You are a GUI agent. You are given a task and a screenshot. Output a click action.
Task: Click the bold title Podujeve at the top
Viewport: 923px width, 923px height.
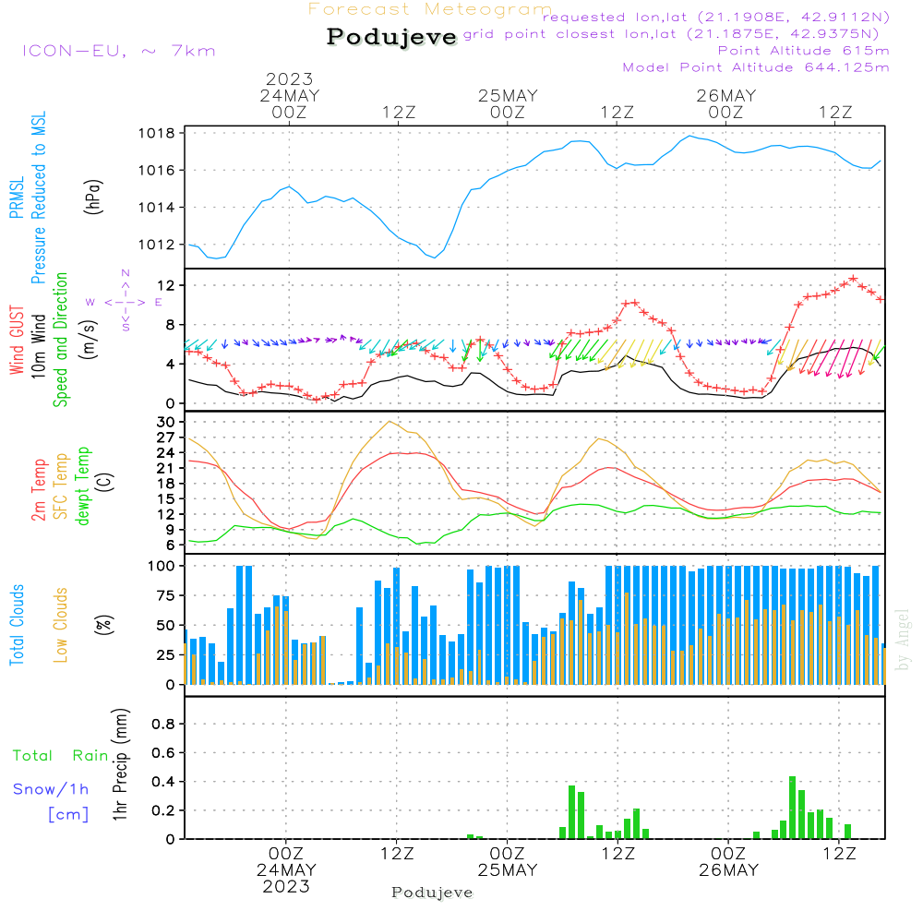[392, 37]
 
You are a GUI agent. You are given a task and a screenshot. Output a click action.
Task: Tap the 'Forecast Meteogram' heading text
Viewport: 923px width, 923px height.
[430, 9]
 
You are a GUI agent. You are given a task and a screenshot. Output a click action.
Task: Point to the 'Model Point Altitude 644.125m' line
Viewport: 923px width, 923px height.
[756, 67]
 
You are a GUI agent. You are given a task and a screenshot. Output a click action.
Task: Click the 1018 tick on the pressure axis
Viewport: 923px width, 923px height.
[160, 133]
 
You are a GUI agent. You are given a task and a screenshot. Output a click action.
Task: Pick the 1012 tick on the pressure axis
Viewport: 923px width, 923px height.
[160, 245]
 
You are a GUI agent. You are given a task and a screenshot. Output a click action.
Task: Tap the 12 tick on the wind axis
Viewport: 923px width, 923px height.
[166, 285]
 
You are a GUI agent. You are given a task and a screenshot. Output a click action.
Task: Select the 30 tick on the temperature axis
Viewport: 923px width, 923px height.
[166, 423]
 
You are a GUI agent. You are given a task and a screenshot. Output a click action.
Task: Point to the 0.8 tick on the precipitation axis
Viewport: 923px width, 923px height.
[162, 725]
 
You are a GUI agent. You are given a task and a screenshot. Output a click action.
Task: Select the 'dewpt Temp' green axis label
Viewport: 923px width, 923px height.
[84, 486]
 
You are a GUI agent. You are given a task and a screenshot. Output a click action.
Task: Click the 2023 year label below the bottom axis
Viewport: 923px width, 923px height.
[286, 887]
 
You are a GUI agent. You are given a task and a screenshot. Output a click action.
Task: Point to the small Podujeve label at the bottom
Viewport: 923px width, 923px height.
[432, 893]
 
